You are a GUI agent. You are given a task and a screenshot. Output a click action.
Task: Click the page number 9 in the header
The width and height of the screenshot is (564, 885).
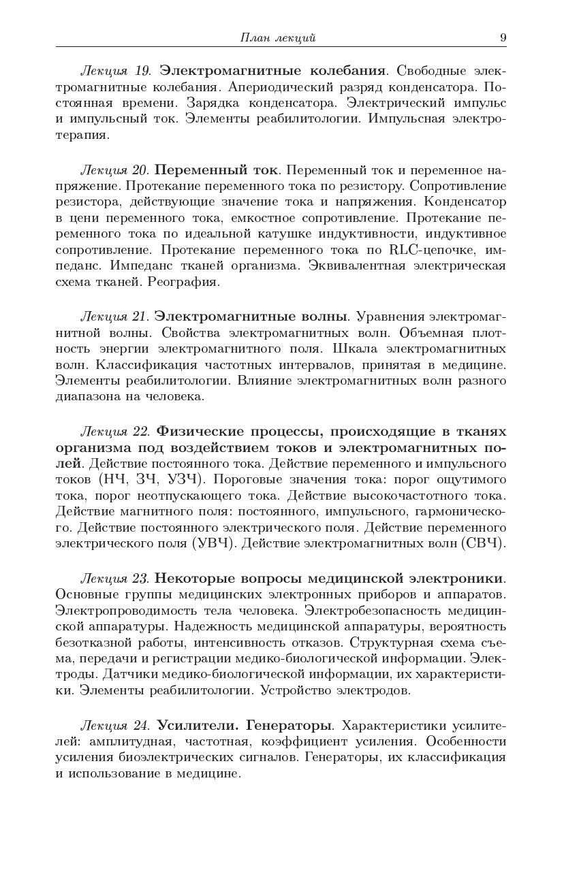[503, 37]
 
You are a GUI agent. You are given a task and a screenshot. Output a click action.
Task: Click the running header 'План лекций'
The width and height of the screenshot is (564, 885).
[278, 37]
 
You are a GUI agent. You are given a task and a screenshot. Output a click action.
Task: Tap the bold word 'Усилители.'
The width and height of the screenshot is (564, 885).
[198, 725]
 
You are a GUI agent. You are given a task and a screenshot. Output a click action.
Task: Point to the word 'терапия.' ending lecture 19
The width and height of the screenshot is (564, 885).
[82, 135]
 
